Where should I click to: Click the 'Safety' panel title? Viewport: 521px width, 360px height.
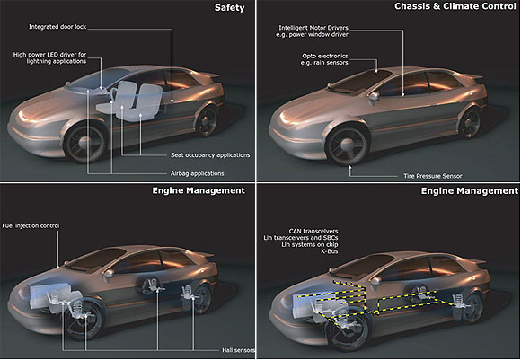(229, 8)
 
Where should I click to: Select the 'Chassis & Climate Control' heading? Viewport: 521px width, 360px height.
(455, 6)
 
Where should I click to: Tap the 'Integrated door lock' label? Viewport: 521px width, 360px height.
(57, 27)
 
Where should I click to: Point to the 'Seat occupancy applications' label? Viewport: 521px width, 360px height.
(210, 155)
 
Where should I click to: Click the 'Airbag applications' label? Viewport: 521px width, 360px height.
(197, 173)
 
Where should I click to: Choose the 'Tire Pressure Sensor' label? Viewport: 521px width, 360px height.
(433, 176)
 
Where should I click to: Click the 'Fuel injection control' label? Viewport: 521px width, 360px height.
(31, 226)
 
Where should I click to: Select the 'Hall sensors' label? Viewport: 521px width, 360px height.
(239, 350)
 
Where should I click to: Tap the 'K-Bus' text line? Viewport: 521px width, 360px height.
(330, 251)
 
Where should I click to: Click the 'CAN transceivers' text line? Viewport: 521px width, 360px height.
(313, 231)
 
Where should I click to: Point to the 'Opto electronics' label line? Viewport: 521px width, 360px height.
(325, 57)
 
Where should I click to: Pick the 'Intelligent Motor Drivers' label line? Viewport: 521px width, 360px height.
(313, 28)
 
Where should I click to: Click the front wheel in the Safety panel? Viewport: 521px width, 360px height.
(85, 142)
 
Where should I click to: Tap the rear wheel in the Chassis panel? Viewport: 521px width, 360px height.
(471, 123)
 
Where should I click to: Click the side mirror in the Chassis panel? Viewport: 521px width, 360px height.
(375, 97)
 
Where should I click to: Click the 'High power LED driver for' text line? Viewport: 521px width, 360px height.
(49, 55)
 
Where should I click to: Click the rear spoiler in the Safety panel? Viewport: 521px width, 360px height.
(208, 75)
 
